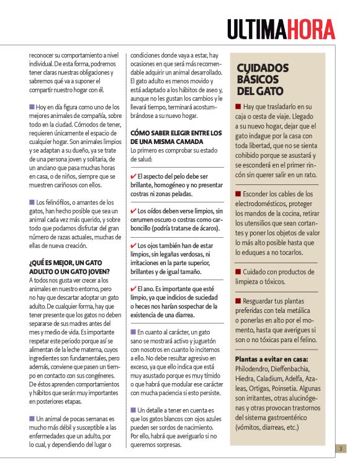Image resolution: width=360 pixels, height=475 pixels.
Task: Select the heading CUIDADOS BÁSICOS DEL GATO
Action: pos(263,79)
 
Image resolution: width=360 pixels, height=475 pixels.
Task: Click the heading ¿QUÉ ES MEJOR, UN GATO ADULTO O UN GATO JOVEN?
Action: pos(69,267)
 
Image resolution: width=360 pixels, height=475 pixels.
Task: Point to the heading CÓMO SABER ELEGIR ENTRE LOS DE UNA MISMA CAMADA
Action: pos(176,137)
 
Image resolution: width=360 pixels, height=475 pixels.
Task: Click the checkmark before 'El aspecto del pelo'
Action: pos(133,177)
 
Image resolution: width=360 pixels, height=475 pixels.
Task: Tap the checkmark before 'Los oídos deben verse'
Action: pos(133,211)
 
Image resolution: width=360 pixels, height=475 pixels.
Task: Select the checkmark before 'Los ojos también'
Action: pos(133,246)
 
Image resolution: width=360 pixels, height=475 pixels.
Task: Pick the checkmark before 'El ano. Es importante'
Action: pos(133,289)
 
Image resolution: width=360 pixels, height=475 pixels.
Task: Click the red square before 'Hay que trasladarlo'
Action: pos(239,106)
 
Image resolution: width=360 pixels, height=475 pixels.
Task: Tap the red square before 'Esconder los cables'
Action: pos(239,194)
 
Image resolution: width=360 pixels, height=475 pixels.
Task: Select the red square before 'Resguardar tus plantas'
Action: pos(239,301)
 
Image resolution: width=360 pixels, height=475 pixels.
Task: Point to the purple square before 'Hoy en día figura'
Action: pos(32,106)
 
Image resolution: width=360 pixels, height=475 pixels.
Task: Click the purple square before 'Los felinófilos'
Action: pos(32,202)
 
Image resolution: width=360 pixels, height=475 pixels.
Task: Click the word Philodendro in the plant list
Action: pos(255,369)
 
